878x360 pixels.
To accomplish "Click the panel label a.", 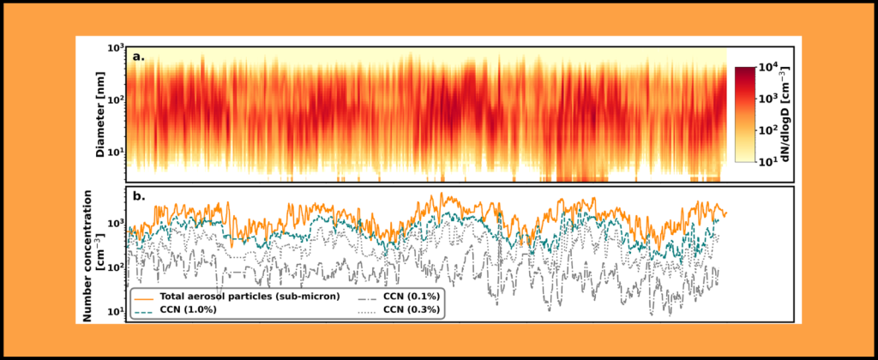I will click(x=139, y=57).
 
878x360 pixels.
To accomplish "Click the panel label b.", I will click(x=139, y=196).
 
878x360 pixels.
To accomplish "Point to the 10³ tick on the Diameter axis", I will click(x=116, y=50).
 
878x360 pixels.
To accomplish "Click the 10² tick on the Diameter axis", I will click(x=116, y=100).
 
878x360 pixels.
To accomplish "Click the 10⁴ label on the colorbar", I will click(x=767, y=68).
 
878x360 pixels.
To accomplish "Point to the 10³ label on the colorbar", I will click(x=767, y=99).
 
